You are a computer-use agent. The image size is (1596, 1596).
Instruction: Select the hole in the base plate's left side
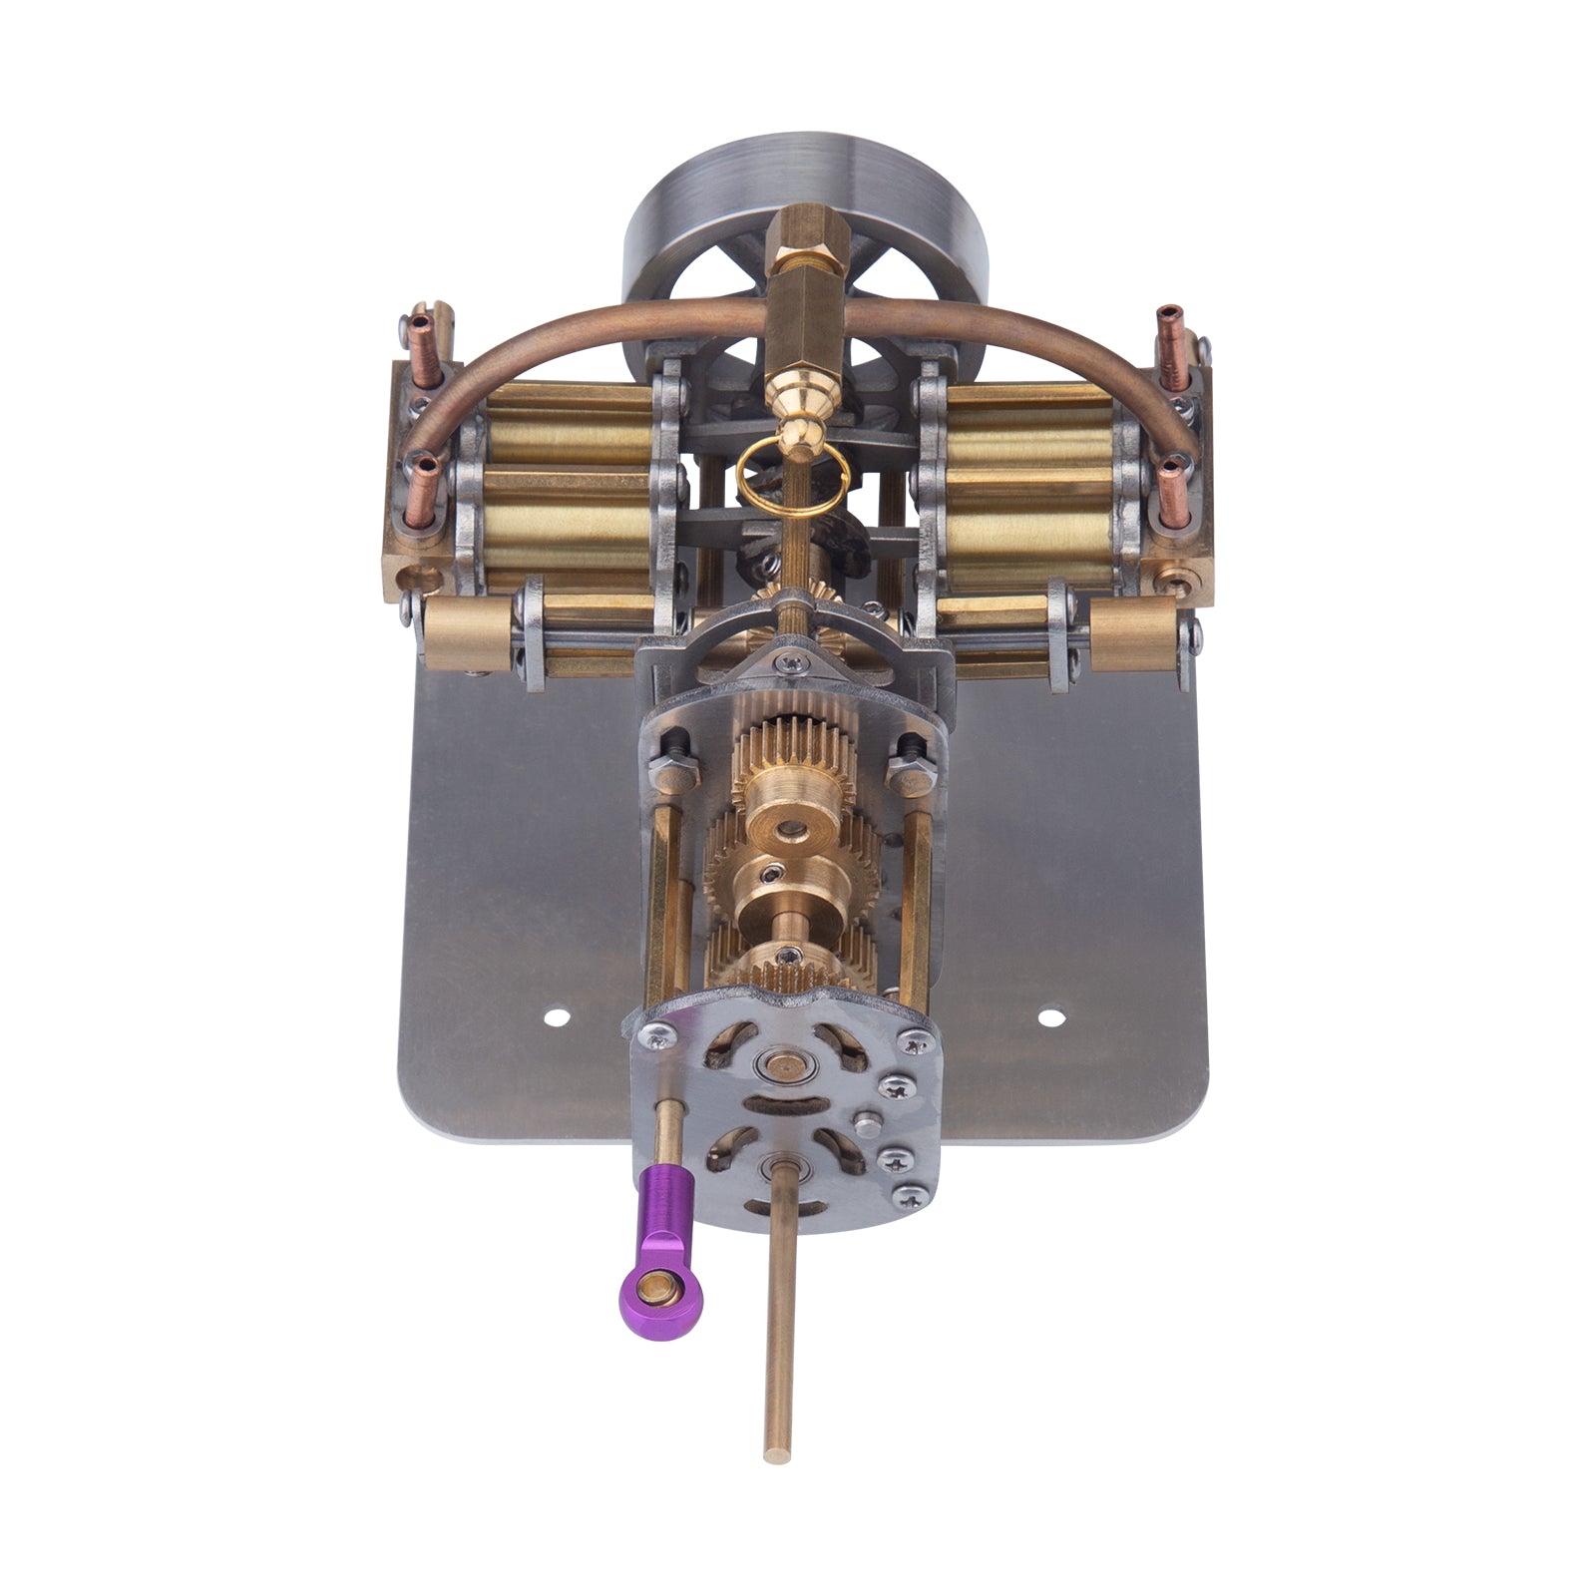click(556, 1018)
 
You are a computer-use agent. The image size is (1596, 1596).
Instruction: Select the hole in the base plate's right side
click(1046, 1016)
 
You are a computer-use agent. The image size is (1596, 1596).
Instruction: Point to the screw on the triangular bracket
click(790, 658)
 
